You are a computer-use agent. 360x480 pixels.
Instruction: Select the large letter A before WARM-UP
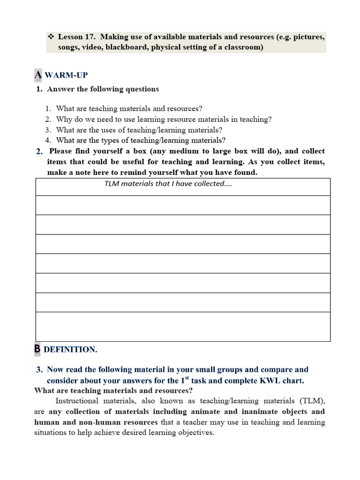coord(38,75)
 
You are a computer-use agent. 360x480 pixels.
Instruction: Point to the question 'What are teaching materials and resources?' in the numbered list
coord(129,109)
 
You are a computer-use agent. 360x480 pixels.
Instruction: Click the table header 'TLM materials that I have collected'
coord(168,184)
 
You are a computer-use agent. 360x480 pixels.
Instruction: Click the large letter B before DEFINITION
coord(37,349)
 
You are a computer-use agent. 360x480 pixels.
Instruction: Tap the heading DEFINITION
coord(70,349)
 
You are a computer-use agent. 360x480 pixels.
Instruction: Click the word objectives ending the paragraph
coord(195,433)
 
